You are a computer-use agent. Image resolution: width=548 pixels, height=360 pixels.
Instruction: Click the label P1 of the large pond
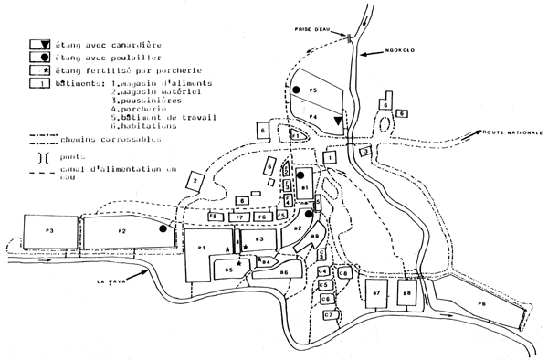tap(199, 248)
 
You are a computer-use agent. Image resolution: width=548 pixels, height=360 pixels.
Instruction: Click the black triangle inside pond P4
tap(339, 121)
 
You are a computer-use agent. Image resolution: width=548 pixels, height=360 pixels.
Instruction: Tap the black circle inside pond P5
tap(298, 89)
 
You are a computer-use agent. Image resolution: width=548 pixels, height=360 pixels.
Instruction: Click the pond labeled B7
tap(376, 293)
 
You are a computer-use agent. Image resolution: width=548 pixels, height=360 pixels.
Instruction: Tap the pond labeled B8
tap(408, 293)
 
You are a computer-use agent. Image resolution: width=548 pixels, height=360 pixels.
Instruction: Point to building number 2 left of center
tap(196, 183)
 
